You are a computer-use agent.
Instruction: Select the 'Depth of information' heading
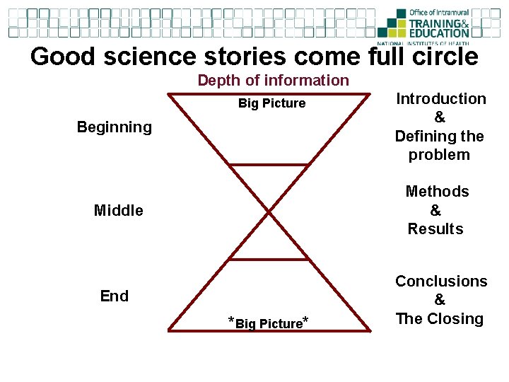(x=274, y=80)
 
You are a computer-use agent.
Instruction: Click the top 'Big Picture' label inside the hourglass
(x=272, y=103)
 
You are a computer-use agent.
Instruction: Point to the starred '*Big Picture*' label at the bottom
(x=268, y=324)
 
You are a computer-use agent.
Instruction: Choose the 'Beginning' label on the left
(x=114, y=127)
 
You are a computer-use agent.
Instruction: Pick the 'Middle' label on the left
(x=119, y=210)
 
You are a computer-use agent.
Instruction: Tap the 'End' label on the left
(x=115, y=296)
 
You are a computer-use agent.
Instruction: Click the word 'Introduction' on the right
(x=441, y=99)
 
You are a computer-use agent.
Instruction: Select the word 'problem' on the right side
(x=439, y=155)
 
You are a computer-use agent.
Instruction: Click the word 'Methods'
(x=437, y=192)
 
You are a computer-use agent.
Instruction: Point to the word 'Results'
(x=435, y=229)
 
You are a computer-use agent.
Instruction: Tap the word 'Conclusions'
(x=441, y=282)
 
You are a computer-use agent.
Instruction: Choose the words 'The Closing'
(x=440, y=319)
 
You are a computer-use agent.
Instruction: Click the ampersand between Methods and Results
(x=435, y=210)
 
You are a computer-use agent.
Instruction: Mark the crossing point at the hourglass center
(x=269, y=212)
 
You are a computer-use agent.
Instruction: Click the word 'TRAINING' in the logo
(x=434, y=23)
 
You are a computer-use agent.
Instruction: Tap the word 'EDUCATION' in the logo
(x=439, y=33)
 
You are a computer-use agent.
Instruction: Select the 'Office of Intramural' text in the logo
(x=438, y=13)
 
